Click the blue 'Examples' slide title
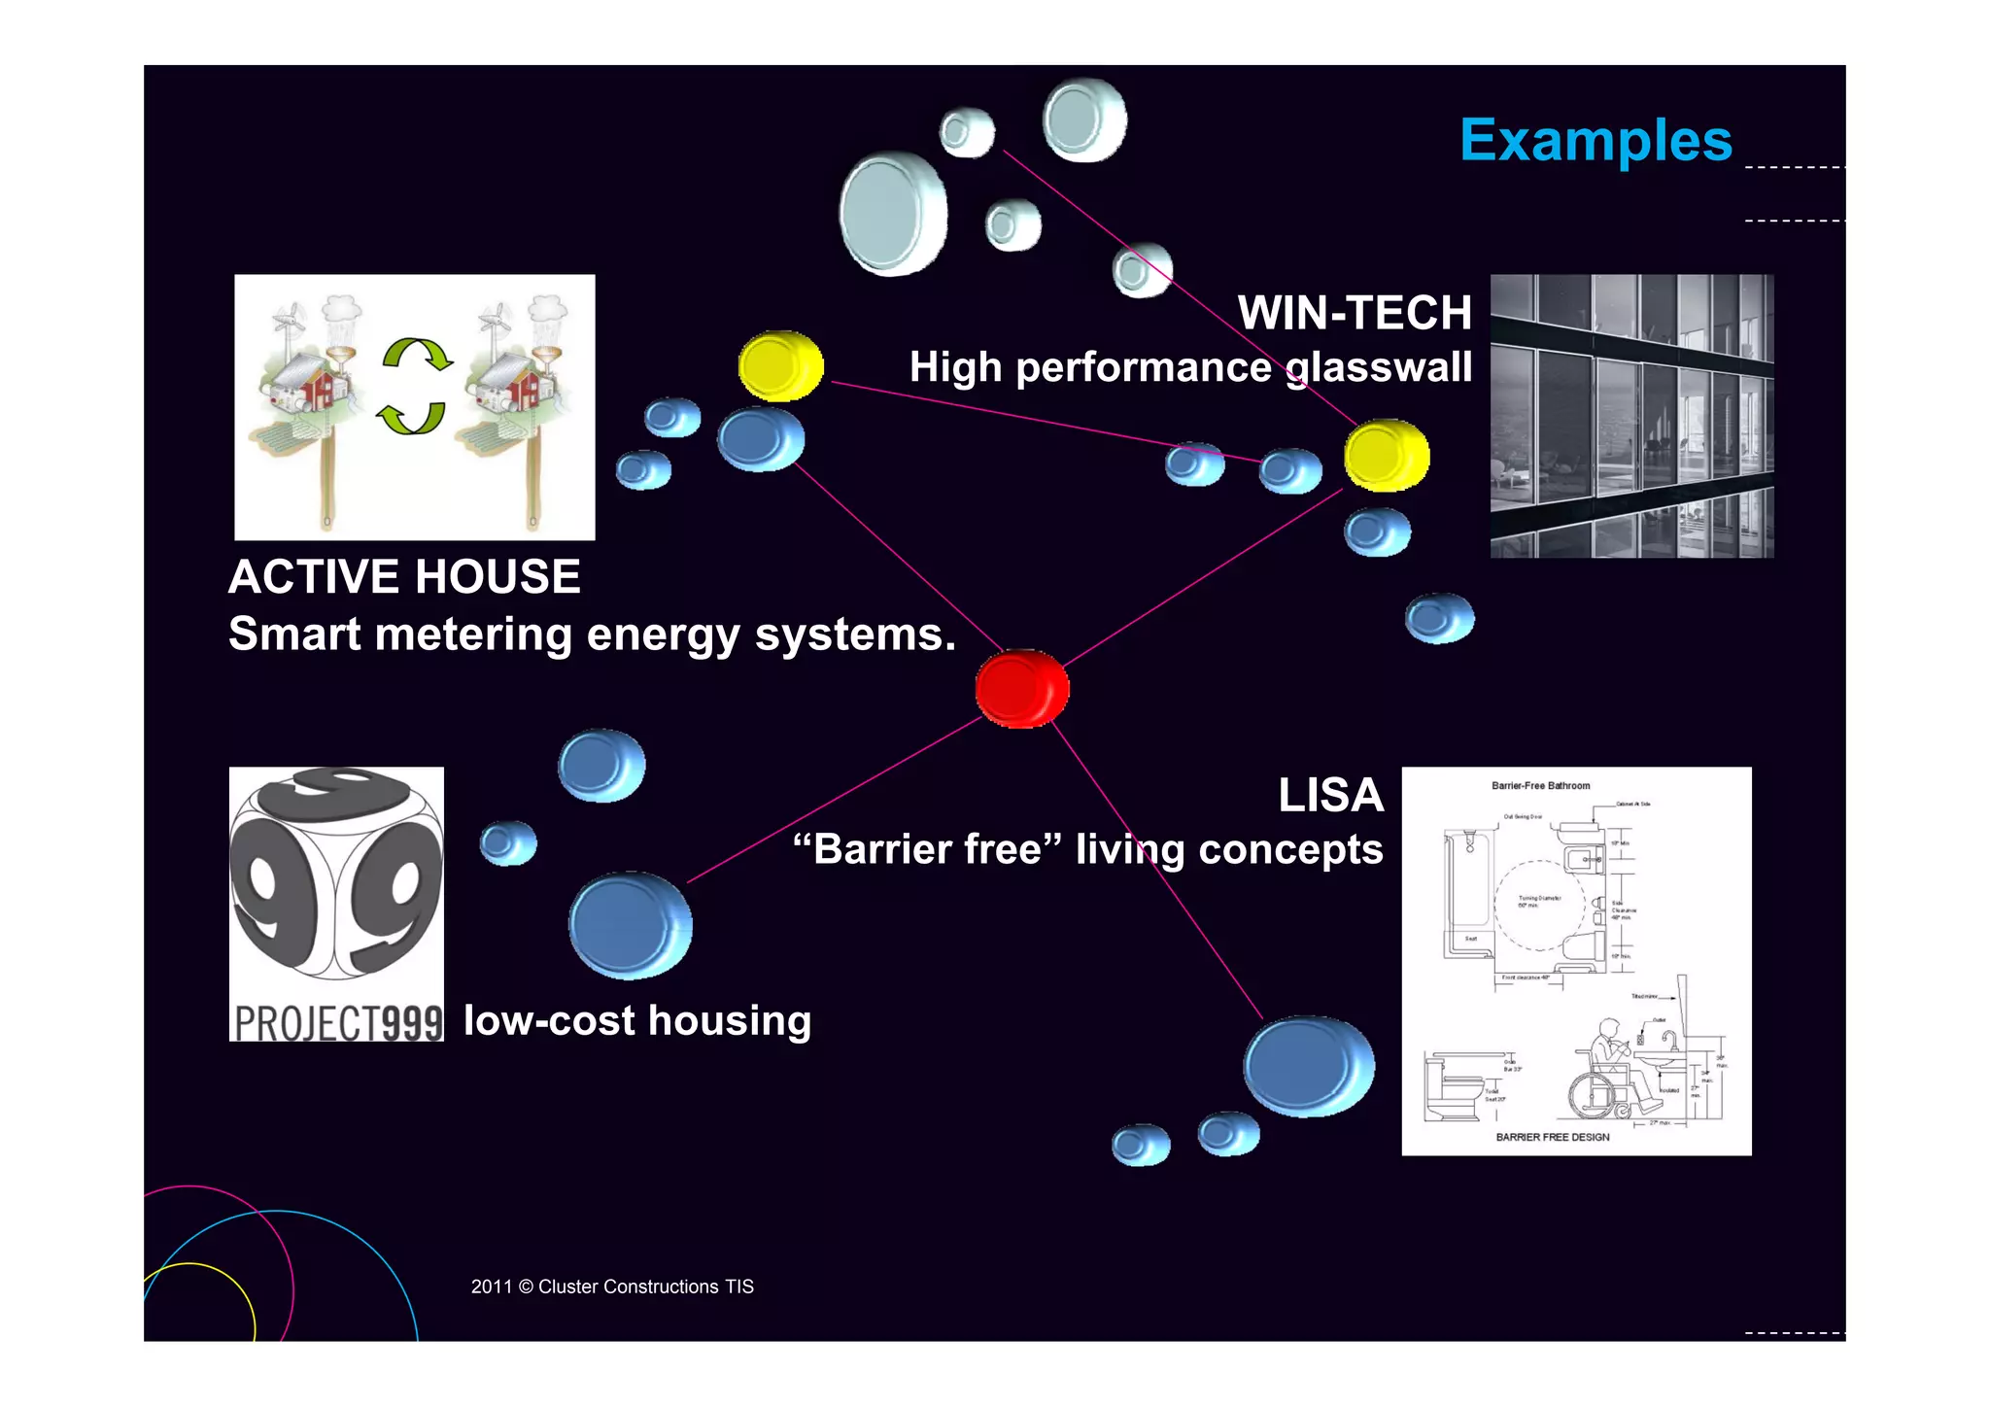1595,141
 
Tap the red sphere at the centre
1021,688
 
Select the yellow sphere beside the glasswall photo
1386,455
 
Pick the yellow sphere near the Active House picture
780,365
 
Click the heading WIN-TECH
1355,313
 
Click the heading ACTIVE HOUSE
404,576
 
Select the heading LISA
1330,795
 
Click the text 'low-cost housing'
637,1020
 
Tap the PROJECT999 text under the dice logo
337,1022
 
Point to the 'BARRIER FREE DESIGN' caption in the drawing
1552,1137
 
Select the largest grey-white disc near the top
891,214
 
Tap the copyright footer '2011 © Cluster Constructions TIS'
612,1287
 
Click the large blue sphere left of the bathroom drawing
1308,1066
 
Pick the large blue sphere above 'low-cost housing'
630,925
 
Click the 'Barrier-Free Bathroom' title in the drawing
1540,785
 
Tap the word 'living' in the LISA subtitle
1130,849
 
